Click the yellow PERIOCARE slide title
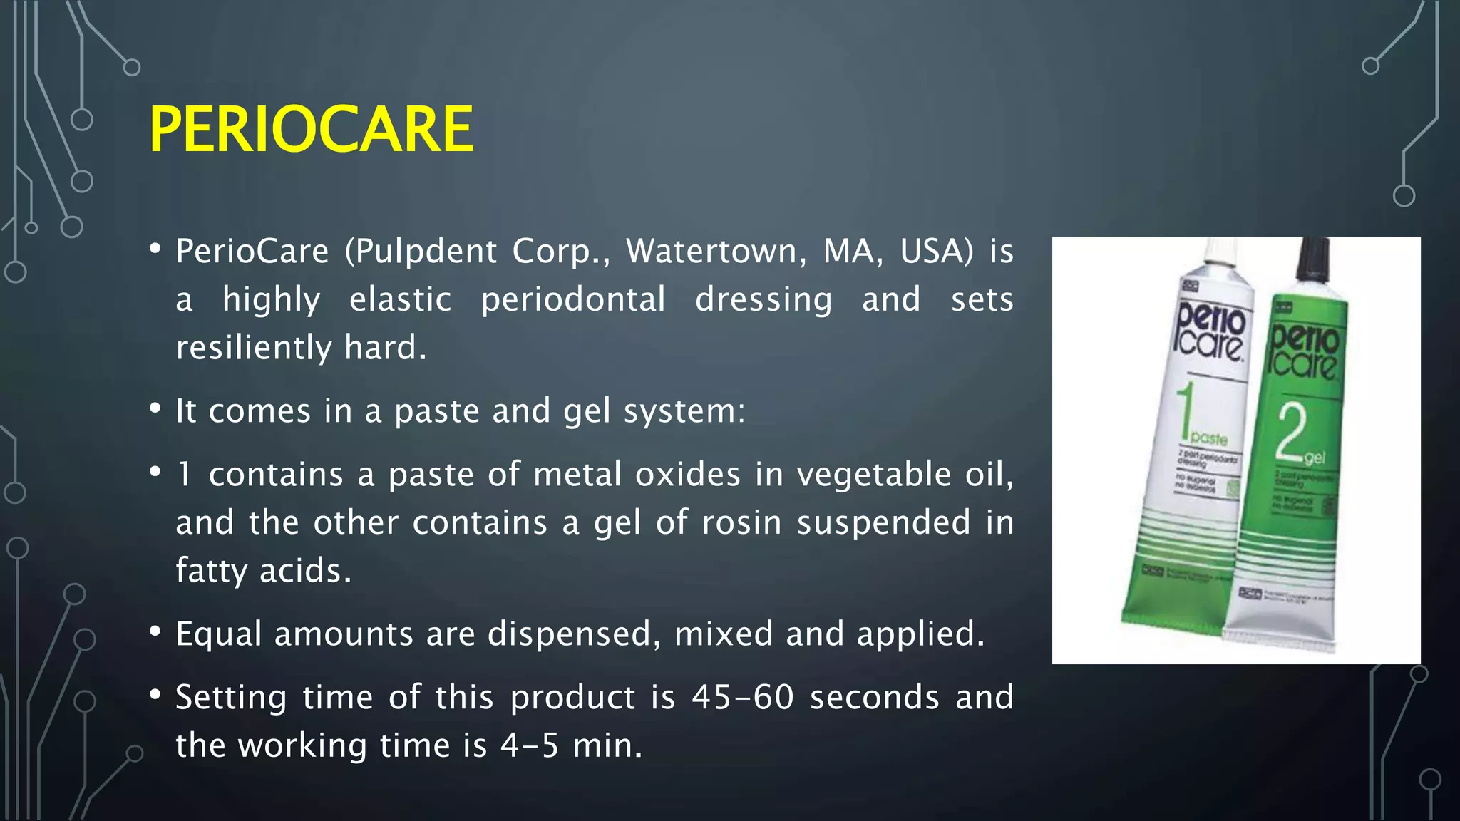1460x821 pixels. [x=311, y=129]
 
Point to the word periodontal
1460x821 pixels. [x=573, y=300]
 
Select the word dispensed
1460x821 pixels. [x=574, y=634]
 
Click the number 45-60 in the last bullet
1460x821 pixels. [x=742, y=697]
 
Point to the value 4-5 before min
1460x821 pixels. [x=530, y=745]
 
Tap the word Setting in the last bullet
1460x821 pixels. [x=231, y=698]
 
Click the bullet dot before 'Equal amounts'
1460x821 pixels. [x=155, y=632]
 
